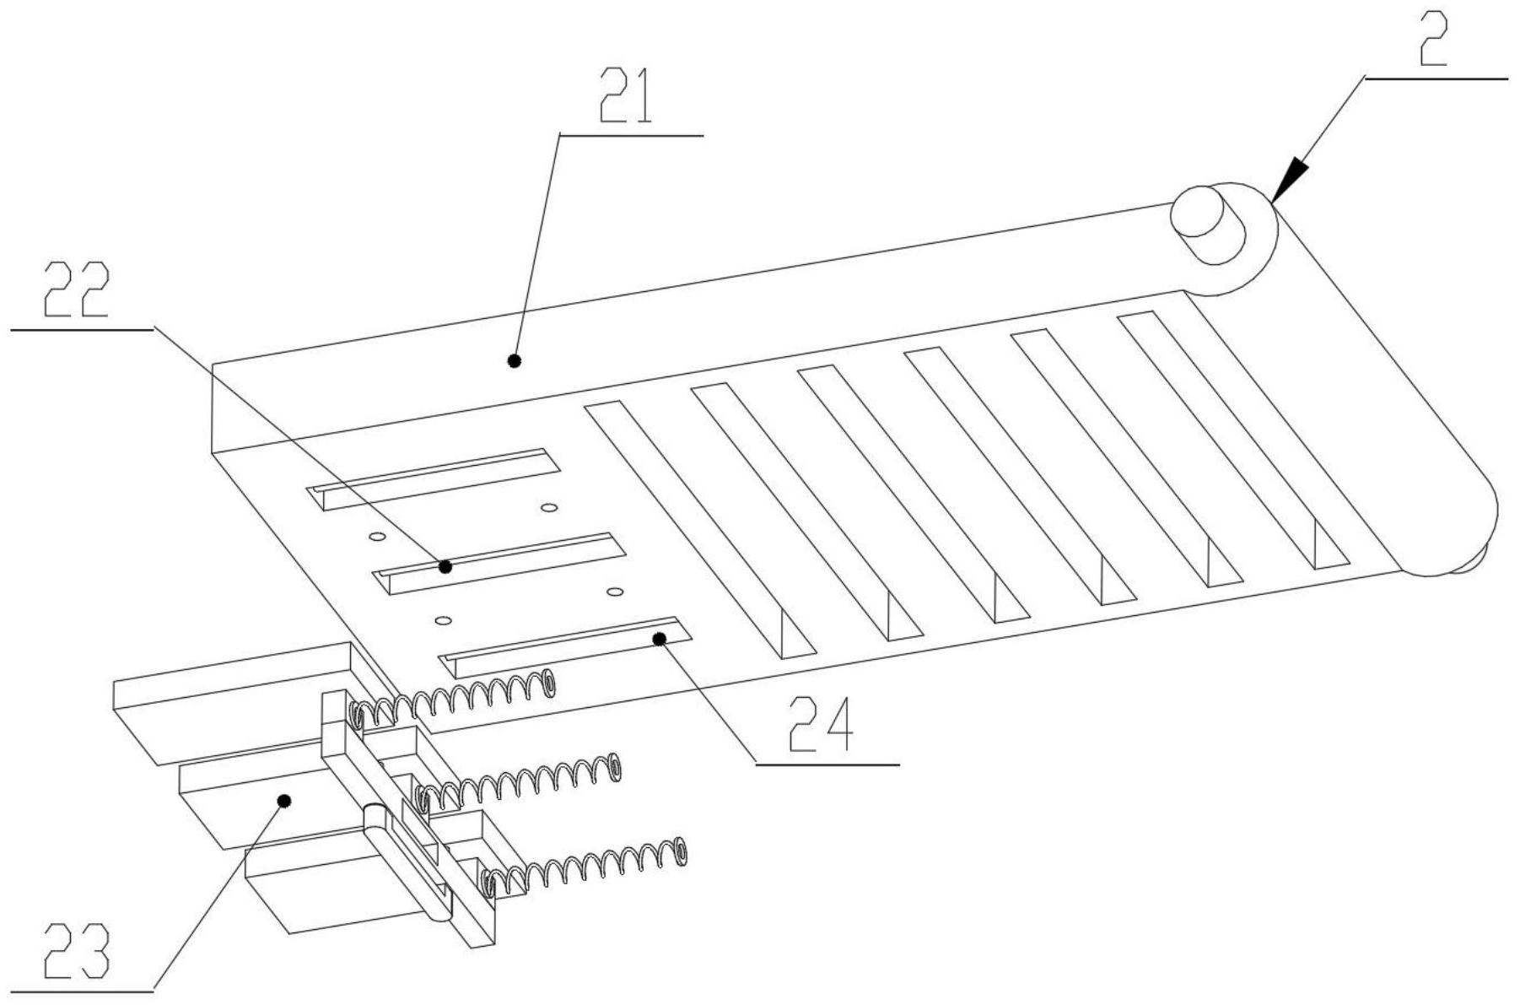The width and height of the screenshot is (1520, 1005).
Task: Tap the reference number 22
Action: pyautogui.click(x=77, y=290)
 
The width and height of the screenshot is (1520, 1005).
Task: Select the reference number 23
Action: pyautogui.click(x=77, y=953)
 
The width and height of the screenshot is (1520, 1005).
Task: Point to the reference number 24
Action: pyautogui.click(x=820, y=724)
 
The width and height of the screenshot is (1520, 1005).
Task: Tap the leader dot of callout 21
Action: pyautogui.click(x=514, y=361)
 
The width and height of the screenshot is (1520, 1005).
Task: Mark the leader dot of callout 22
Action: pyautogui.click(x=445, y=566)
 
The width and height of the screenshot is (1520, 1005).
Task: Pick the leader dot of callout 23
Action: pyautogui.click(x=284, y=800)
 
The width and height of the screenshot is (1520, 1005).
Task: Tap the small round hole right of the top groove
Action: pyautogui.click(x=549, y=508)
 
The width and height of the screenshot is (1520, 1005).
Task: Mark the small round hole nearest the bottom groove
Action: pyautogui.click(x=442, y=621)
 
